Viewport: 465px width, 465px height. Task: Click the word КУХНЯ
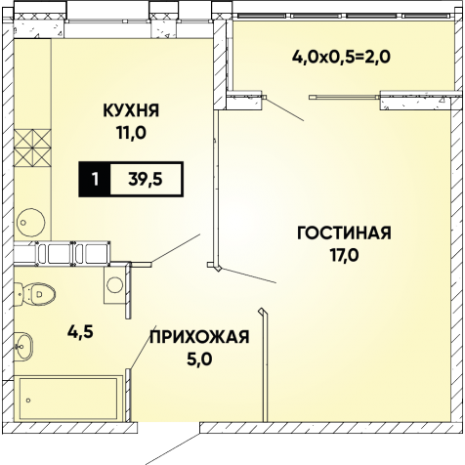(131, 110)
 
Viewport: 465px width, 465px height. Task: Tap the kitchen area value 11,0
(132, 133)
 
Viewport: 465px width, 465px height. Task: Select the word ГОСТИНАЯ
(344, 233)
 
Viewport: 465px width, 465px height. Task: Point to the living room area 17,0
(345, 255)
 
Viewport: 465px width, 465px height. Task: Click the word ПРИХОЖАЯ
(199, 337)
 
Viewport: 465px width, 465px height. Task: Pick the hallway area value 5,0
(199, 359)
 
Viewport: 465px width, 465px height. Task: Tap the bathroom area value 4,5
(80, 332)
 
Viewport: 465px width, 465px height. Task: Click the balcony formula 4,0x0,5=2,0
(341, 58)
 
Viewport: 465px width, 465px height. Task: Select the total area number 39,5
(146, 179)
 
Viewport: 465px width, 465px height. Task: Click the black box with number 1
(95, 179)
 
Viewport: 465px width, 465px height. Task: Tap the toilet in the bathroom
(34, 294)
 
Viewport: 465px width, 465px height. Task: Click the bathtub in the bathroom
(68, 399)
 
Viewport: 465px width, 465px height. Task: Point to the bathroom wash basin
(23, 347)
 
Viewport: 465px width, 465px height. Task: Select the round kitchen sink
(30, 223)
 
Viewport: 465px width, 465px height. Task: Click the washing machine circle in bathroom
(114, 285)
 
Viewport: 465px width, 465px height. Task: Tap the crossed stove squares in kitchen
(32, 148)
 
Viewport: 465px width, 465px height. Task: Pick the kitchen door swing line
(176, 247)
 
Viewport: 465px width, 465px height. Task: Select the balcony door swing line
(285, 109)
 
